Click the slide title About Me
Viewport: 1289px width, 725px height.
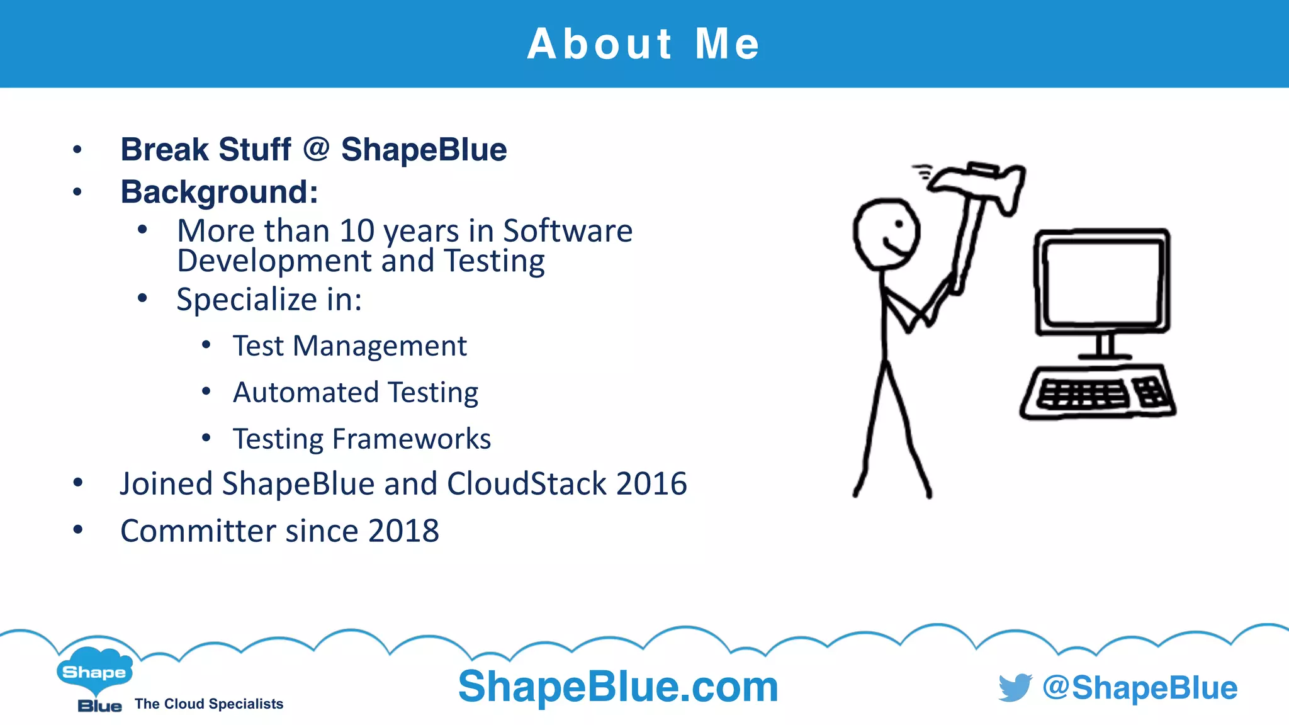point(643,44)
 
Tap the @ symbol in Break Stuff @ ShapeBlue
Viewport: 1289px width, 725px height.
point(316,149)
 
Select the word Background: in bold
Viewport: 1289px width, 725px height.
point(219,192)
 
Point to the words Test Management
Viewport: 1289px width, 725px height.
point(349,346)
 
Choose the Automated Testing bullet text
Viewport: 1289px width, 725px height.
point(355,393)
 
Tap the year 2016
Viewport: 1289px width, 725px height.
point(651,484)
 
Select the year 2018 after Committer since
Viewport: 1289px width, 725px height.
point(403,531)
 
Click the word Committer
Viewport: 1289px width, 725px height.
point(198,531)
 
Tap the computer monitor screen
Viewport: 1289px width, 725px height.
point(1101,282)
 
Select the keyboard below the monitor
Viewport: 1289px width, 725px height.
point(1098,394)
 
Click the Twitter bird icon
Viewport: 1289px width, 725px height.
point(1015,687)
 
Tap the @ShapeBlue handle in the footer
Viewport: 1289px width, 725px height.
point(1140,688)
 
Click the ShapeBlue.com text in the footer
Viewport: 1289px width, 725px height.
point(618,687)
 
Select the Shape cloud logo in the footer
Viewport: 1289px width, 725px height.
point(94,672)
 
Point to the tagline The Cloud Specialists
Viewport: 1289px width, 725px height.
point(209,704)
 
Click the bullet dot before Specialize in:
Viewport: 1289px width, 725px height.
point(143,298)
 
